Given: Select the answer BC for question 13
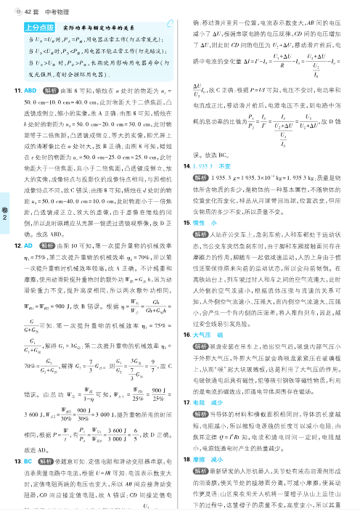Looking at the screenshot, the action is coord(30,482).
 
